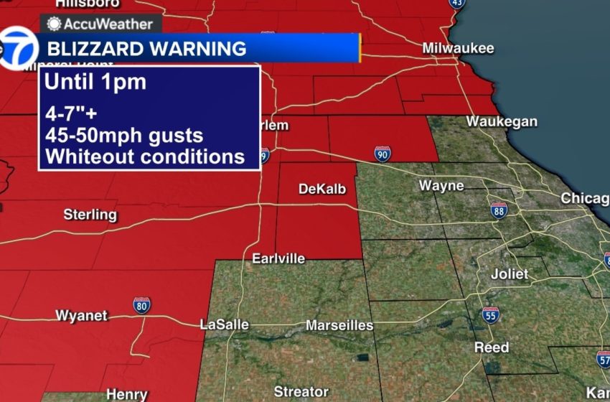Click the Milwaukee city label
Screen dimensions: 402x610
tap(458, 49)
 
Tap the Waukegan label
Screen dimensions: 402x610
tap(501, 121)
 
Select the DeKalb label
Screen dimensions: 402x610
tap(322, 189)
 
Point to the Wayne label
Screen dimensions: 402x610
tap(441, 186)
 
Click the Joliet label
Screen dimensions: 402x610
tap(510, 274)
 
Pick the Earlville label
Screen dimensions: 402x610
tap(278, 258)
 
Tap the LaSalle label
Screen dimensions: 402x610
tap(224, 325)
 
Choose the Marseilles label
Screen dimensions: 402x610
tap(339, 326)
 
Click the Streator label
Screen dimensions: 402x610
tap(301, 391)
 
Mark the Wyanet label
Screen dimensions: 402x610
tap(81, 316)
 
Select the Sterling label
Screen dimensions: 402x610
tap(90, 214)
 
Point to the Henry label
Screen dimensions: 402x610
tap(126, 394)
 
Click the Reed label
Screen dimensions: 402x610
tap(492, 347)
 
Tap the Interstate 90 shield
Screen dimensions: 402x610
tap(383, 153)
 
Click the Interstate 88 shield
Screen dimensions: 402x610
tap(499, 210)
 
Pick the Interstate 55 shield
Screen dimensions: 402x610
tap(491, 314)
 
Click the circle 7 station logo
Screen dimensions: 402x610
tap(17, 48)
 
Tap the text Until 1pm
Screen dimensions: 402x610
tap(95, 82)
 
